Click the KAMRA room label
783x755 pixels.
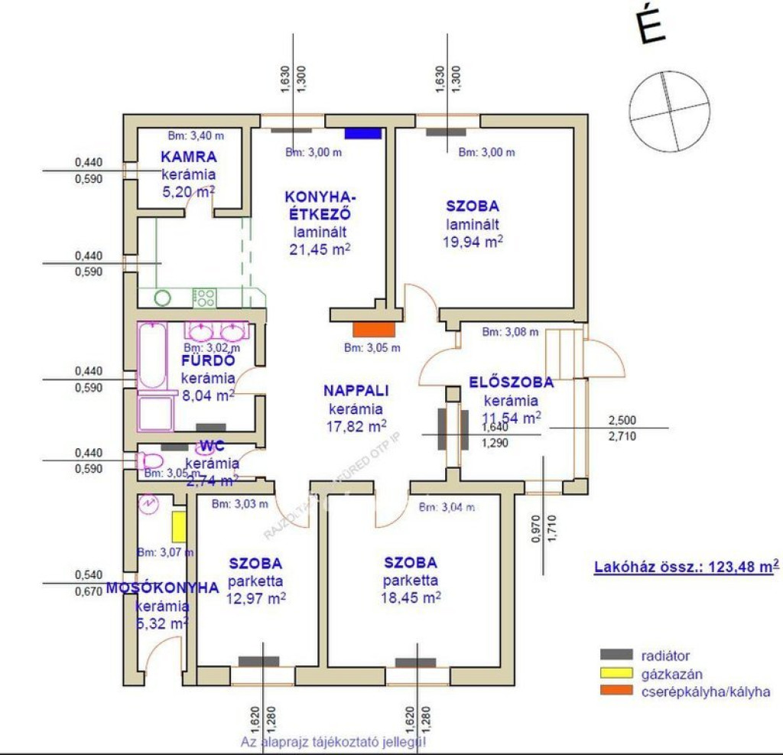189,158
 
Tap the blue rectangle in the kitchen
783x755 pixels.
362,133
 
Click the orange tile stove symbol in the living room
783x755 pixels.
375,330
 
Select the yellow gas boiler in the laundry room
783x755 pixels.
178,526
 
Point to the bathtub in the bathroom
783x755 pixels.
151,356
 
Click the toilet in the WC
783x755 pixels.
148,460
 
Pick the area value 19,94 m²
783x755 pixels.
473,242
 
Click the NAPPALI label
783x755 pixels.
356,390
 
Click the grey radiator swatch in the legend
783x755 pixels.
616,655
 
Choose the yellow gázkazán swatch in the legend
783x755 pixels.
616,674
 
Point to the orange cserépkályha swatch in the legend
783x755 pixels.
616,692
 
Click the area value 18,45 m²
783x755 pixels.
411,597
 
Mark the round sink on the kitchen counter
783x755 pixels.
163,297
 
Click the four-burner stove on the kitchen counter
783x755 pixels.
204,297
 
